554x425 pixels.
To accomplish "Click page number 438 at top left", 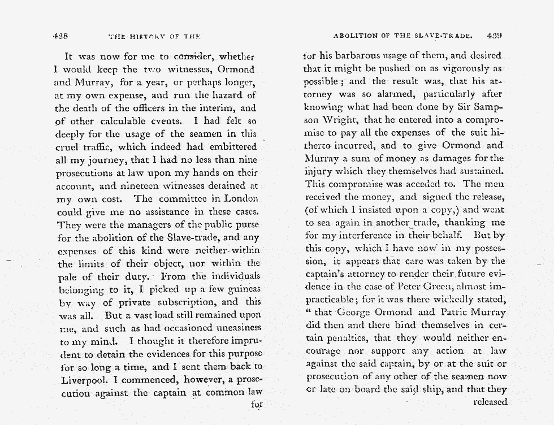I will coord(60,36).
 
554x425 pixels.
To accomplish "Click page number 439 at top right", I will coord(495,35).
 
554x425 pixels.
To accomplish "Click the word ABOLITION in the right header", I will coord(354,36).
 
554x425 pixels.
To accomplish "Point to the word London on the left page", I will coord(243,199).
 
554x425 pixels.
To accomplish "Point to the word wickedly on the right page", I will coord(446,299).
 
